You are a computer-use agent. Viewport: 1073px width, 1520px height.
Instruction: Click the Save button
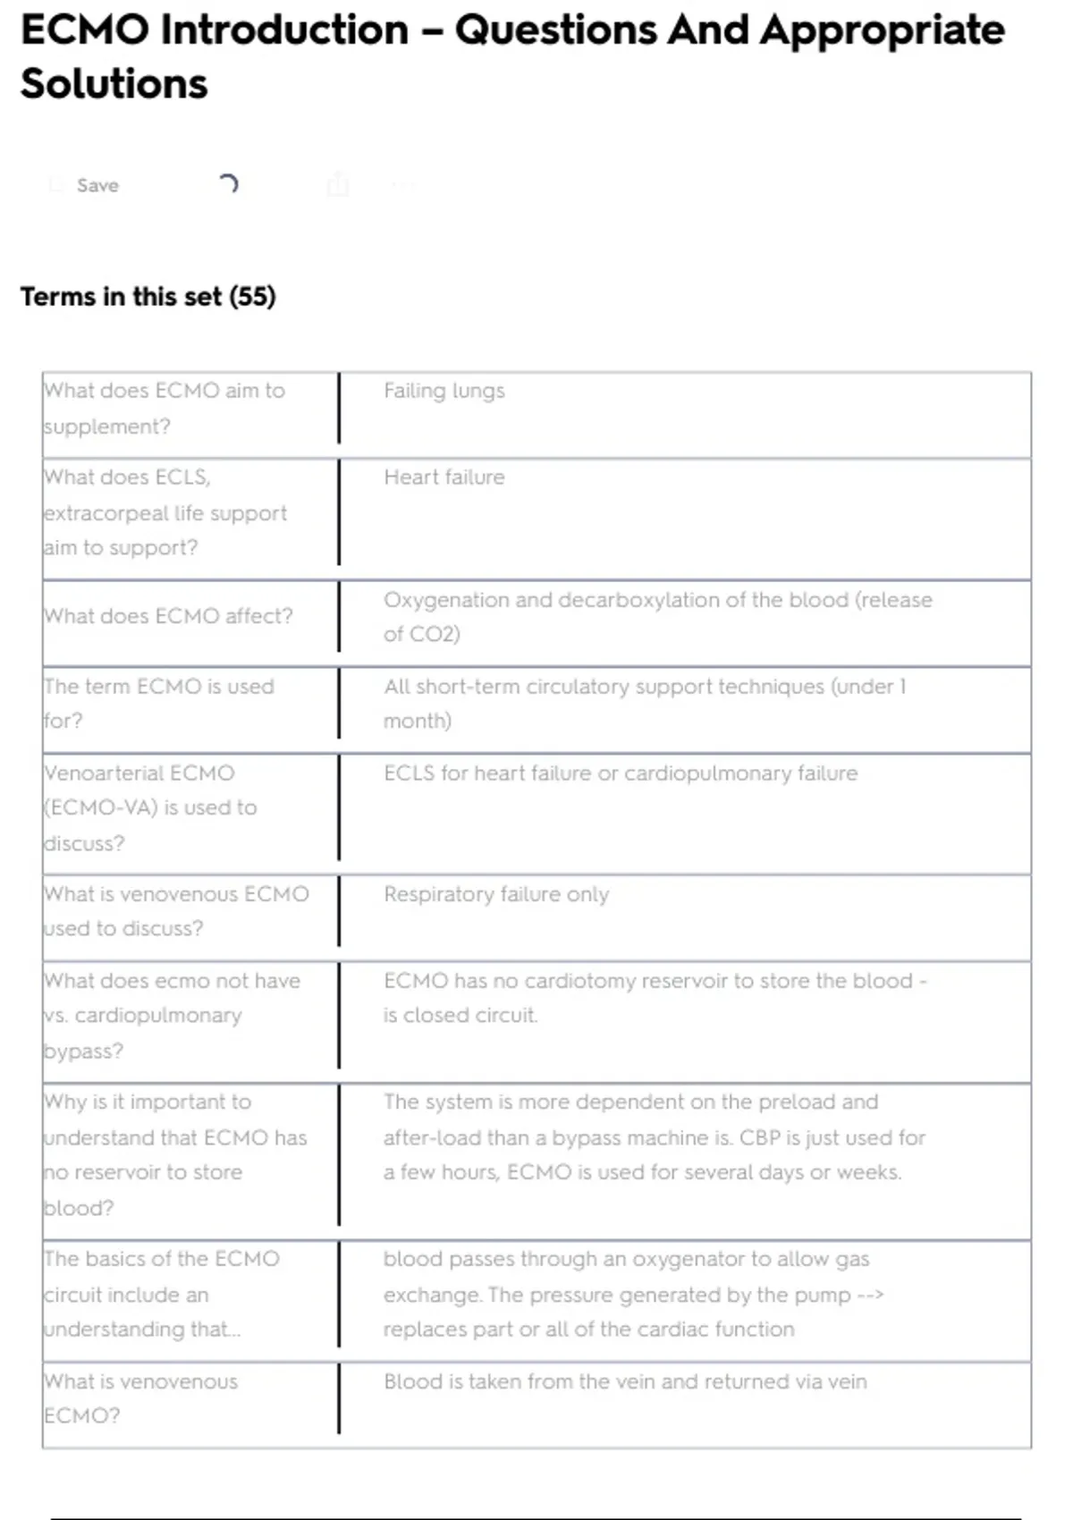click(97, 185)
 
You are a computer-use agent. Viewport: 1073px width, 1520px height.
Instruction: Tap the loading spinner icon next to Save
click(228, 184)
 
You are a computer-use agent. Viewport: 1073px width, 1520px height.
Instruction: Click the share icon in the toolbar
click(338, 185)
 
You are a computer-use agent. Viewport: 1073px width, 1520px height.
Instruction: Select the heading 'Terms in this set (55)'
click(148, 296)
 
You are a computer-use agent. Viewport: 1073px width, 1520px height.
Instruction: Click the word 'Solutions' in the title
click(114, 84)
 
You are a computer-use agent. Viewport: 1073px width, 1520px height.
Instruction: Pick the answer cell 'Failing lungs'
click(444, 391)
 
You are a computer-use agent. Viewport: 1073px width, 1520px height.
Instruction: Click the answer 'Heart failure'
click(444, 477)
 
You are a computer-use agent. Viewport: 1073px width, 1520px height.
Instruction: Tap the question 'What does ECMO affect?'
click(168, 616)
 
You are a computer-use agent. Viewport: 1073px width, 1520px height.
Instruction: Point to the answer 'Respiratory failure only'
click(496, 894)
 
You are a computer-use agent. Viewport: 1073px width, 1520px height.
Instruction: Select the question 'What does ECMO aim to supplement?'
click(165, 408)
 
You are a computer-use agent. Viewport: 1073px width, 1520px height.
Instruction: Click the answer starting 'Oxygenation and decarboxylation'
click(657, 616)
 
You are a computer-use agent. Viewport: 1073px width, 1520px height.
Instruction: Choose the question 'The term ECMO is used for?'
click(159, 703)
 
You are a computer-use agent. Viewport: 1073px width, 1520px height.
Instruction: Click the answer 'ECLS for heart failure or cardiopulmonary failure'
click(621, 773)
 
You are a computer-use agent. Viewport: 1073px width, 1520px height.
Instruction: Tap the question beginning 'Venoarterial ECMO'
click(150, 807)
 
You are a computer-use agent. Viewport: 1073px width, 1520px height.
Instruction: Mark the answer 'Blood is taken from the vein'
click(625, 1381)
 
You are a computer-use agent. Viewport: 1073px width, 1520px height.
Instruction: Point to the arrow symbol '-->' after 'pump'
click(870, 1295)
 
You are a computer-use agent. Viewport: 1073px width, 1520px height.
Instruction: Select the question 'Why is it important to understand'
click(175, 1154)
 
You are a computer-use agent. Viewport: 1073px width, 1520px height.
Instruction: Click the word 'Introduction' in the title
click(284, 30)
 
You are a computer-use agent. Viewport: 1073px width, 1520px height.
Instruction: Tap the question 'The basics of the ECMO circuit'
click(161, 1294)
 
